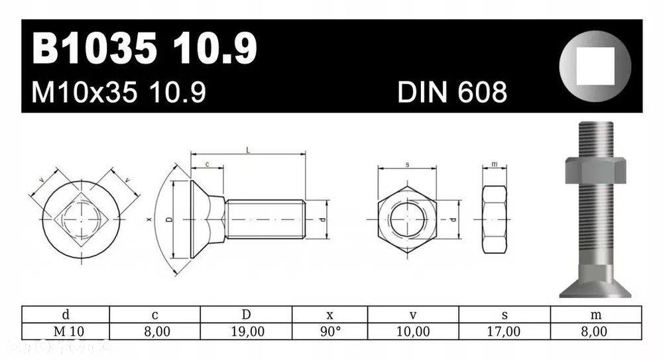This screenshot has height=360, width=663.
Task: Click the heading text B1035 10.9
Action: click(145, 50)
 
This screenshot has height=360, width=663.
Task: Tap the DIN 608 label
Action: click(452, 93)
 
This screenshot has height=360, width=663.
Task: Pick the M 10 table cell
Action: click(65, 331)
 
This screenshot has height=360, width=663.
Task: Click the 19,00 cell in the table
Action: click(246, 331)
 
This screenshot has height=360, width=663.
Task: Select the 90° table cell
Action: click(330, 331)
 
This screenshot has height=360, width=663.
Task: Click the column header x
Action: click(330, 314)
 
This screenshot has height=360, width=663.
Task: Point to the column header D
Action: click(246, 314)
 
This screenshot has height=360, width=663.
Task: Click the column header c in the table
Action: click(154, 314)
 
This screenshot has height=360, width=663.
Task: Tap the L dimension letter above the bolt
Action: click(248, 150)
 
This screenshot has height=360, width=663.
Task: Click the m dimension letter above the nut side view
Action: click(495, 164)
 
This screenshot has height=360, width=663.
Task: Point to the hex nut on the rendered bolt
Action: click(594, 170)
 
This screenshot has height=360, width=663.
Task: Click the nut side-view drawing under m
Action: click(494, 219)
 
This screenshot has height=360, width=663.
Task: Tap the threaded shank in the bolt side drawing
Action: click(265, 219)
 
